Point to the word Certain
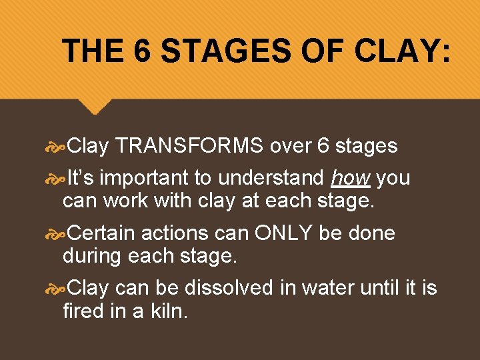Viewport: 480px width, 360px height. [x=101, y=233]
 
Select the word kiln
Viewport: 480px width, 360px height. [x=170, y=311]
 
